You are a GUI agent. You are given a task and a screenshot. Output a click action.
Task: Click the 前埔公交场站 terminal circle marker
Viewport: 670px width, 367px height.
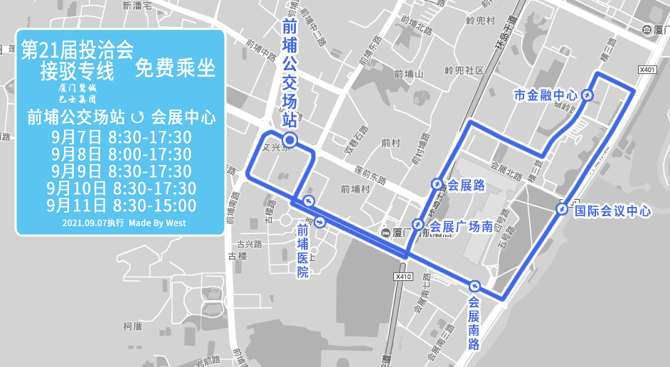pos(289,139)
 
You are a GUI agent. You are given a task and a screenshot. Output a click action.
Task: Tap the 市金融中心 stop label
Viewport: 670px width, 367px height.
pos(546,95)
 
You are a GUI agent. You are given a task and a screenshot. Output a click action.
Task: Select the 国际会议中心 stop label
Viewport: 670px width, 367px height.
pos(612,211)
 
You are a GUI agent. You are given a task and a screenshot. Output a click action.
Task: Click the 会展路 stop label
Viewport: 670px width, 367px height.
pos(466,186)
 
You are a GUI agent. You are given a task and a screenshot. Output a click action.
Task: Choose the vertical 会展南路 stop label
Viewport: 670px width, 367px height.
pos(474,323)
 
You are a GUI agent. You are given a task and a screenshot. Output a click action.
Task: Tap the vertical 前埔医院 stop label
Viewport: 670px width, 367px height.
pos(303,251)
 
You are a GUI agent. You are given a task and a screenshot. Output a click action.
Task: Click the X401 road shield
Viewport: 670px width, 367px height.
pos(647,70)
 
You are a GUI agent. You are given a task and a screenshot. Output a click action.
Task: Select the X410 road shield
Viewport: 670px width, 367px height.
pos(403,276)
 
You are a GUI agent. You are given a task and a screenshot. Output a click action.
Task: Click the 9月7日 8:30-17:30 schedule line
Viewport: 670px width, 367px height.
pos(122,137)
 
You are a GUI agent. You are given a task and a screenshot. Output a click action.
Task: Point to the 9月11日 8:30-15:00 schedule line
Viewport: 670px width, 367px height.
pos(122,206)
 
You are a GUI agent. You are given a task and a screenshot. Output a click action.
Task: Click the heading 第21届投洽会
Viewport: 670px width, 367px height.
pos(78,50)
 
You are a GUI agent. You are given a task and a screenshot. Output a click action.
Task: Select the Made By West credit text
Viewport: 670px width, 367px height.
pos(157,223)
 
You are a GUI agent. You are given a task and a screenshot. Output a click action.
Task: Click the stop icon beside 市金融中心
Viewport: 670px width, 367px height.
pos(587,95)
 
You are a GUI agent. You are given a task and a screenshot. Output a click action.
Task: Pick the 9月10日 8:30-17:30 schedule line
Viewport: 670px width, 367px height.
pos(122,188)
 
